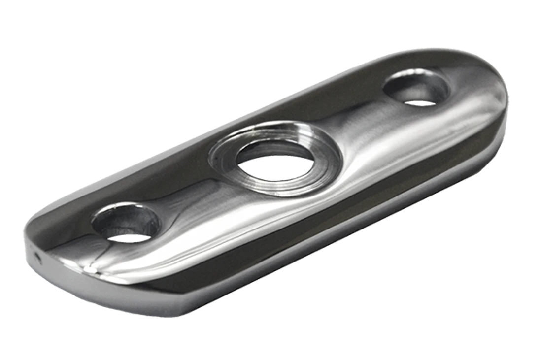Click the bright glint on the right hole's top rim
pos(409,74)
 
